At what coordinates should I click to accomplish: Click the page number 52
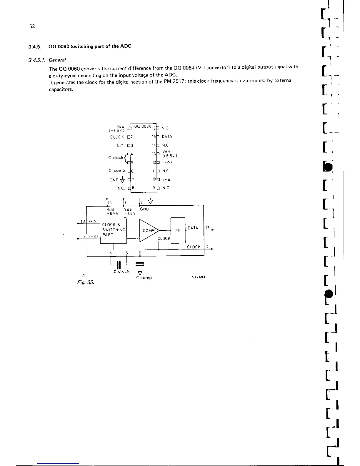[x=32, y=26]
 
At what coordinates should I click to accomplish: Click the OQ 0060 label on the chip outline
[x=142, y=126]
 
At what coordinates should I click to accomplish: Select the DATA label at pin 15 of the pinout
[x=167, y=137]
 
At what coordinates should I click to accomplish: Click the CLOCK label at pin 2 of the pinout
[x=117, y=137]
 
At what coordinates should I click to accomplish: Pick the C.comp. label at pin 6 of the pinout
[x=117, y=171]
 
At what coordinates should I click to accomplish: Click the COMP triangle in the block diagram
[x=148, y=230]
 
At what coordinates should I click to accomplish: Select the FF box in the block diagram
[x=178, y=230]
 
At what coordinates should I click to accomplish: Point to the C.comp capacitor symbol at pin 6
[x=140, y=264]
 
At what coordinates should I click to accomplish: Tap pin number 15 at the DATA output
[x=207, y=228]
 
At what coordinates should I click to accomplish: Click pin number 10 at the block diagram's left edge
[x=83, y=221]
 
